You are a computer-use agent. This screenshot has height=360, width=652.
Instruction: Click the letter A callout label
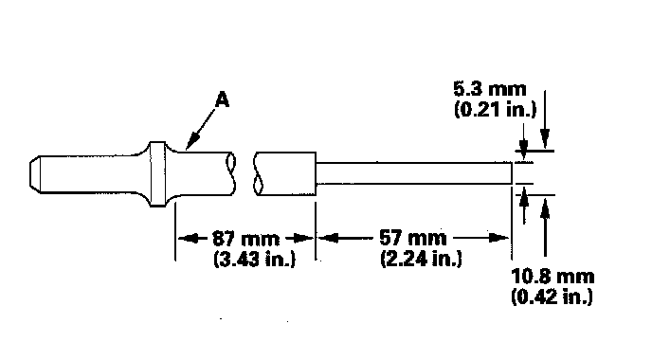(x=223, y=100)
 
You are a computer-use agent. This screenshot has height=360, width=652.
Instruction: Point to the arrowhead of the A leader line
(x=188, y=147)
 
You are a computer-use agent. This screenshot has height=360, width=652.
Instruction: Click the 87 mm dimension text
(x=245, y=239)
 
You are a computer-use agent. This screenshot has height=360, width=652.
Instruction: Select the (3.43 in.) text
(x=255, y=259)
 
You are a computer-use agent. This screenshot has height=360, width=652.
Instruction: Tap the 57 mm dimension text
(x=413, y=238)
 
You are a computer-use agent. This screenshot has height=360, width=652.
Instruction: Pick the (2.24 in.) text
(x=421, y=258)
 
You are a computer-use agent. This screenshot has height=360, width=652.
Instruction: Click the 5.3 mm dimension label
(x=489, y=89)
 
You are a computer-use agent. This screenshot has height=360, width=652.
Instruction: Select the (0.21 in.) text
(x=496, y=109)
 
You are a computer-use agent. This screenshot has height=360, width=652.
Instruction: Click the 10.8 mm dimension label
(x=552, y=277)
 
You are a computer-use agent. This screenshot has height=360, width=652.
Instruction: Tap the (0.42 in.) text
(x=552, y=297)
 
